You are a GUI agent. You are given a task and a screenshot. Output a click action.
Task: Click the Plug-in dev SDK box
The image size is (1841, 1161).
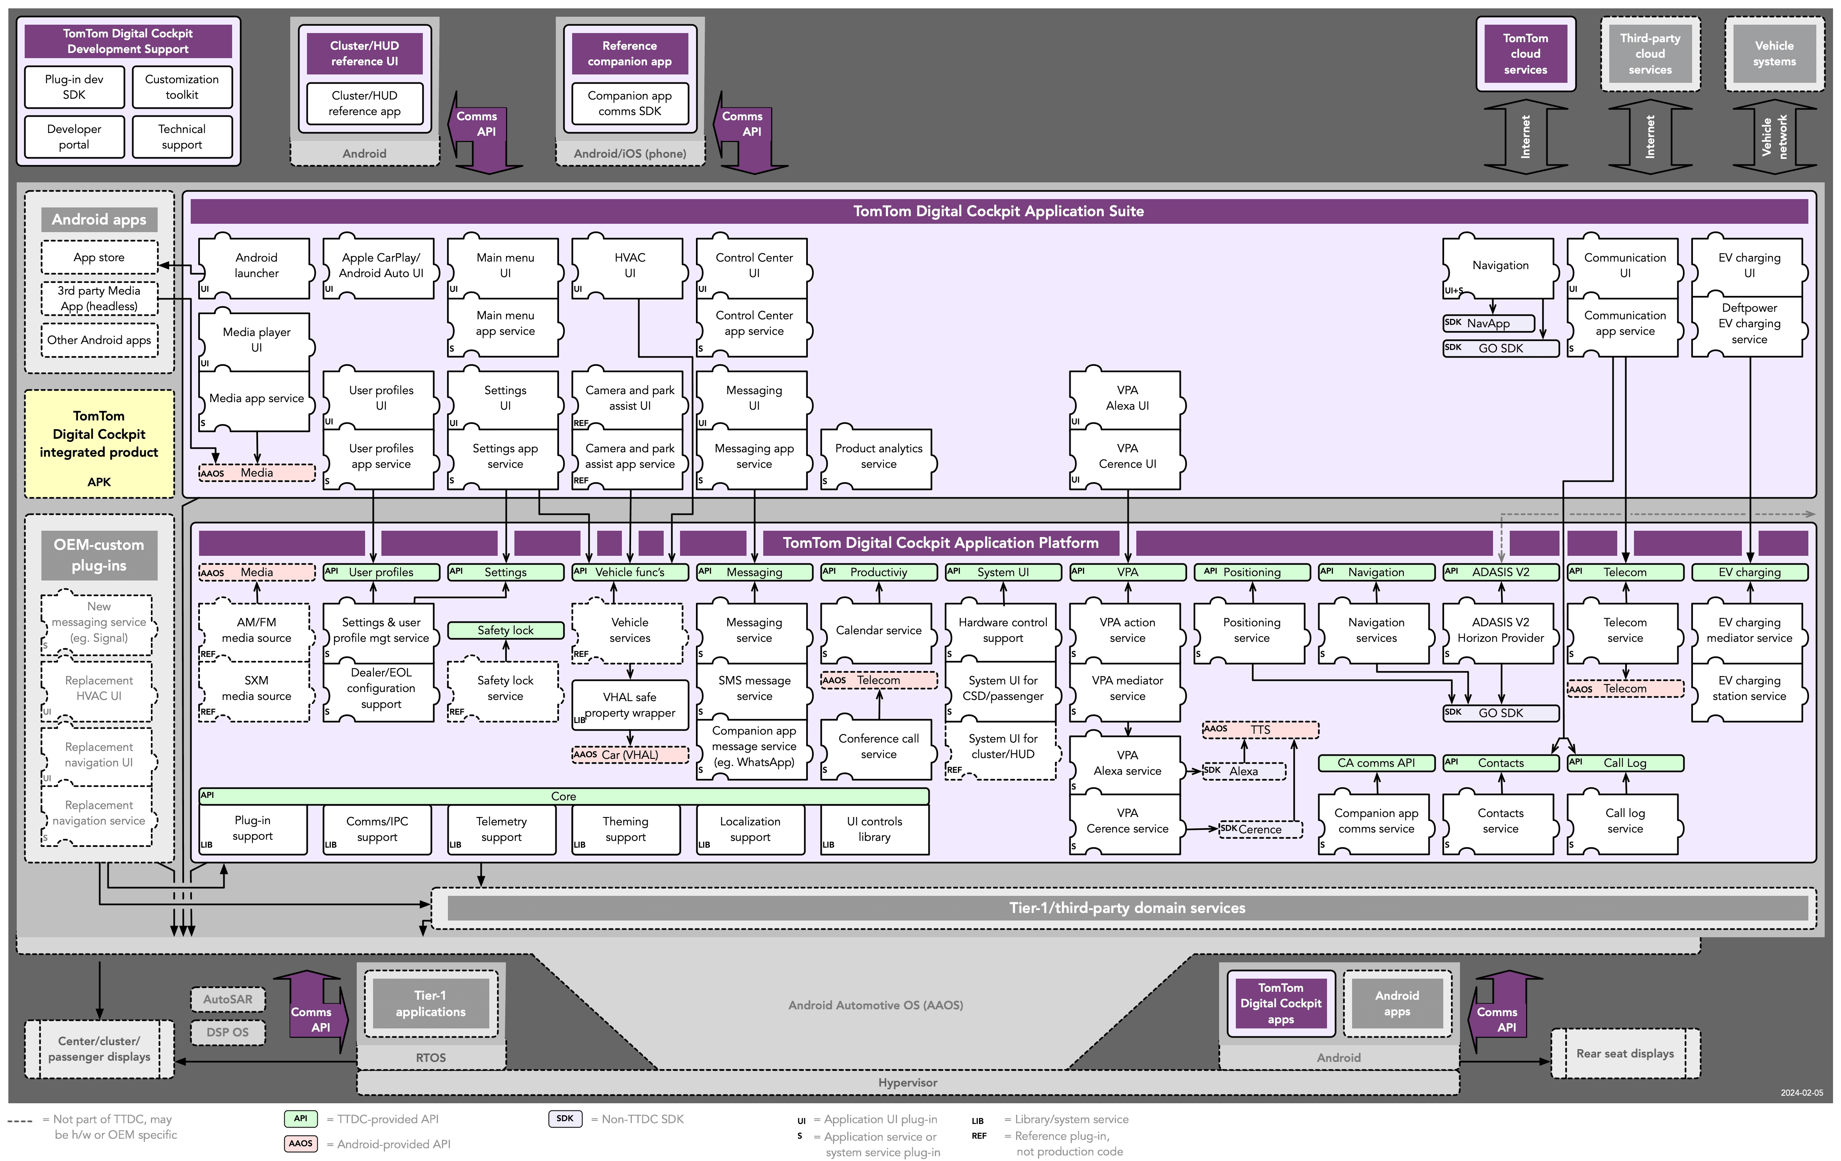coord(74,87)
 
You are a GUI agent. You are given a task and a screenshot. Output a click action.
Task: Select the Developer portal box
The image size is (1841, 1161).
coord(74,137)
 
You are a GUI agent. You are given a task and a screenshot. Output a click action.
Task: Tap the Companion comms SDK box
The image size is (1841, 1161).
coord(629,103)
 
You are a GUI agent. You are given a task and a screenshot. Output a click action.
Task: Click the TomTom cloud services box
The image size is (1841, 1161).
coord(1525,53)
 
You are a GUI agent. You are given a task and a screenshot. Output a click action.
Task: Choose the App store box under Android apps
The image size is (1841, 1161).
coord(100,258)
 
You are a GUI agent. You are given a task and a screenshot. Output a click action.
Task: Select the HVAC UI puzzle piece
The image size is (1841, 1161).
coord(629,266)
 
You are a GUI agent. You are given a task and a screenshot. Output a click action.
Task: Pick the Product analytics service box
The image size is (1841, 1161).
coord(878,457)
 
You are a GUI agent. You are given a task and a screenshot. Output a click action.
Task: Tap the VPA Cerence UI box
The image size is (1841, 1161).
coord(1127,457)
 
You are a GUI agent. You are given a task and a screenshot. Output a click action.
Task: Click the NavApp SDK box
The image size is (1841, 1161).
coord(1489,323)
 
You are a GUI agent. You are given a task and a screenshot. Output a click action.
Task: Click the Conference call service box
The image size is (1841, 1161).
coord(878,747)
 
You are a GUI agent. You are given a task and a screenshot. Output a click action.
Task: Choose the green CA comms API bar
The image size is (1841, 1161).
coord(1376,763)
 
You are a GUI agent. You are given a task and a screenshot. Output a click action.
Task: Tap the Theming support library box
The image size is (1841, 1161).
coord(625,829)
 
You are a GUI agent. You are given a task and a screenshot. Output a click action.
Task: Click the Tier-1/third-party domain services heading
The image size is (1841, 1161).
coord(1127,908)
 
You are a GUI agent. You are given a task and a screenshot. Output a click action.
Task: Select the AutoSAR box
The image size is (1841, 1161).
coord(228,999)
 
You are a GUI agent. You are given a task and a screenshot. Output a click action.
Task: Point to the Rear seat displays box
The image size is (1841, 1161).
coord(1625,1053)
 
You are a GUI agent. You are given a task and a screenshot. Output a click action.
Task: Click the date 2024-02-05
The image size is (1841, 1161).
coord(1801,1093)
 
